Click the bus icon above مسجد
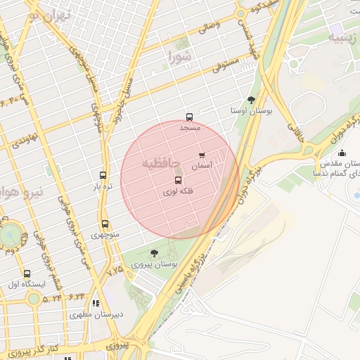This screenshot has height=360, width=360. (188, 117)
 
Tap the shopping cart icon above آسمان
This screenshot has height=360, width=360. (202, 155)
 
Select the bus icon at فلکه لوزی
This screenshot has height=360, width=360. (177, 180)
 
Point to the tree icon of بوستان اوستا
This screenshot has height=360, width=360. (252, 100)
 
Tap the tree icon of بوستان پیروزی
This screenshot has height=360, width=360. (154, 253)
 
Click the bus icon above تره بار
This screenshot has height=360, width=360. (103, 176)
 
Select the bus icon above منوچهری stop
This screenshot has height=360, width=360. (105, 224)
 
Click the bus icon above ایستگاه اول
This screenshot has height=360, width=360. (27, 274)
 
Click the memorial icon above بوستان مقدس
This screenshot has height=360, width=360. (342, 153)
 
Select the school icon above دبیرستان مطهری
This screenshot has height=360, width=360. (95, 303)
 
